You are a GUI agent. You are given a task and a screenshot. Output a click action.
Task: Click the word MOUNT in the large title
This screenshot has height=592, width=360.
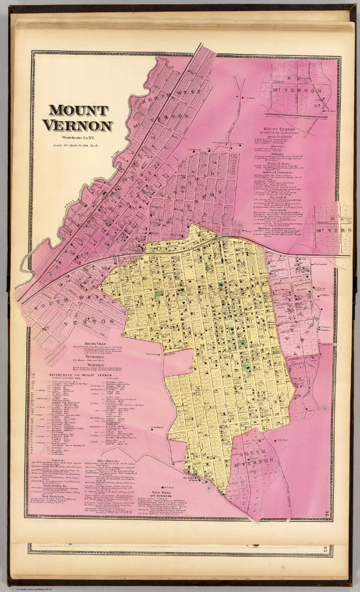tap(79, 110)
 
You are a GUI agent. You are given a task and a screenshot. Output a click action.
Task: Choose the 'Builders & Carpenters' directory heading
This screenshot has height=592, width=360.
tap(284, 172)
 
